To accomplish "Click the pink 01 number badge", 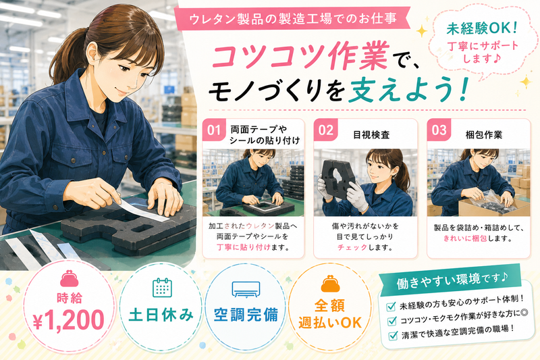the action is click(x=214, y=130).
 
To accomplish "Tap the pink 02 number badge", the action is click(x=325, y=130).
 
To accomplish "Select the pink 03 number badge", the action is click(x=439, y=130).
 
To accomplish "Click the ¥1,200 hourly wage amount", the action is click(x=69, y=320).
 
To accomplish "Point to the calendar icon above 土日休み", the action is click(x=162, y=287).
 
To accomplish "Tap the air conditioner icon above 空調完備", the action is click(x=246, y=289).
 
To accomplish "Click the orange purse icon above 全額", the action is click(x=330, y=284).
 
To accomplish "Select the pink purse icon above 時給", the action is click(x=70, y=279).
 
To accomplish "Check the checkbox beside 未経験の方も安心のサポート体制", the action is click(x=391, y=306).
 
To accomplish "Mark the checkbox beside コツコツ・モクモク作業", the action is click(x=392, y=321).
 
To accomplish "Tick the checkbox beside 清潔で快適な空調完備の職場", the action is click(x=393, y=336).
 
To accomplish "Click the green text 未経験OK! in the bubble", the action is click(x=482, y=28).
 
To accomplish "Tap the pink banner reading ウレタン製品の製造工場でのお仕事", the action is click(x=292, y=19).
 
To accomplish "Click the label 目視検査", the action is click(x=371, y=134).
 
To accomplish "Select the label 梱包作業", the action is click(x=483, y=134).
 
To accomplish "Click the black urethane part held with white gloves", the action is click(x=337, y=178).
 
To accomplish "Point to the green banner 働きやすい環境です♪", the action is click(x=452, y=279).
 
